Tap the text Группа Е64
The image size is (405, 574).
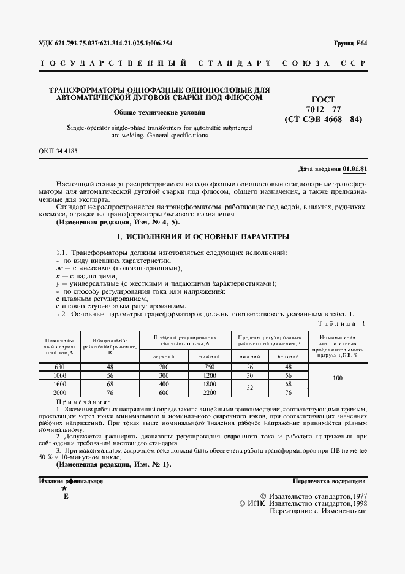350,43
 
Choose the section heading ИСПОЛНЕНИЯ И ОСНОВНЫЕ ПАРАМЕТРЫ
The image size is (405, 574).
202,236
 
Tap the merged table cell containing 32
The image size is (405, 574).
249,388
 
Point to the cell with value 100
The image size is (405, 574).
337,378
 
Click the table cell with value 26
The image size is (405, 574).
249,366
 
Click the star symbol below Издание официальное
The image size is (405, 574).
64,488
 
